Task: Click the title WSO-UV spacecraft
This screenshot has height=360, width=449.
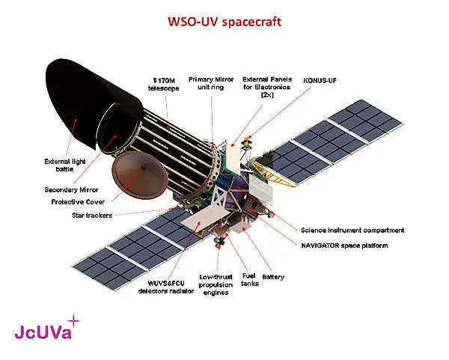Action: pos(224,22)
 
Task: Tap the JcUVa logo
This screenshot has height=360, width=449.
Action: pos(47,327)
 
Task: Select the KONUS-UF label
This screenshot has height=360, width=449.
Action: pos(320,81)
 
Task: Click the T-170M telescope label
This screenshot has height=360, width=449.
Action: pos(163,85)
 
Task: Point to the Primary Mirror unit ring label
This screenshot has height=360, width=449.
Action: pos(211,83)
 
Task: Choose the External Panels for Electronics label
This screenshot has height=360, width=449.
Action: pos(267,87)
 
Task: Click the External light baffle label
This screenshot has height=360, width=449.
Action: pos(64,165)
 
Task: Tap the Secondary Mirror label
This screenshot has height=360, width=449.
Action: pos(71,189)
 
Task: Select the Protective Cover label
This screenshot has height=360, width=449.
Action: pos(78,201)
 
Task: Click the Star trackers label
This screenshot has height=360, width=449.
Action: pos(92,216)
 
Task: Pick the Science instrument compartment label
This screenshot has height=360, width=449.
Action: pos(352,231)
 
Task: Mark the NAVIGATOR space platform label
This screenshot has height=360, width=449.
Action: pos(344,245)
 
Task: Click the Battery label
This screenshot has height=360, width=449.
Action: pos(273,277)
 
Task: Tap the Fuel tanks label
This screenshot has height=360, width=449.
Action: pos(249,279)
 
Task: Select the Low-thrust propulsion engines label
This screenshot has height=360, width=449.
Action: pos(216,284)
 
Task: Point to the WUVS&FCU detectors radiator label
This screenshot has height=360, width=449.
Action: pos(166,287)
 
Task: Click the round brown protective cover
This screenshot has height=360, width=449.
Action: pos(139,175)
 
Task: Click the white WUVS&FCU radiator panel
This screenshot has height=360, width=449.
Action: pos(205,221)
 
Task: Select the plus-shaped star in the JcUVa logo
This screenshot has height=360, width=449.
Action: pos(74,320)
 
